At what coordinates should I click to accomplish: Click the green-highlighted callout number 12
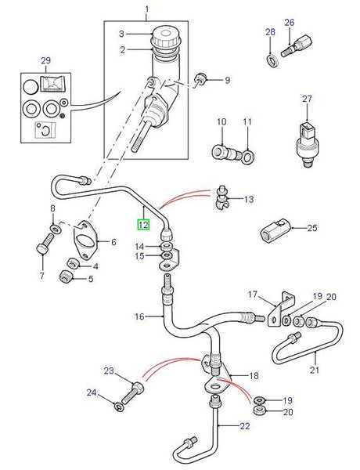tap(143, 224)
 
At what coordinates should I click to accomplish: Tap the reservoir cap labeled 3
tap(165, 36)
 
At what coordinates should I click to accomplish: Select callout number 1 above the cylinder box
tap(146, 11)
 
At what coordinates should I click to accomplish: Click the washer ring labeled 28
tap(271, 60)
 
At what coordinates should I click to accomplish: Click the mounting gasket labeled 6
tap(84, 239)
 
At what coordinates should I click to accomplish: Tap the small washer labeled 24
tap(117, 406)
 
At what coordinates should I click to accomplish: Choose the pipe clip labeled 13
tap(221, 201)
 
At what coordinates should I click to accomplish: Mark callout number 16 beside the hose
tap(139, 316)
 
